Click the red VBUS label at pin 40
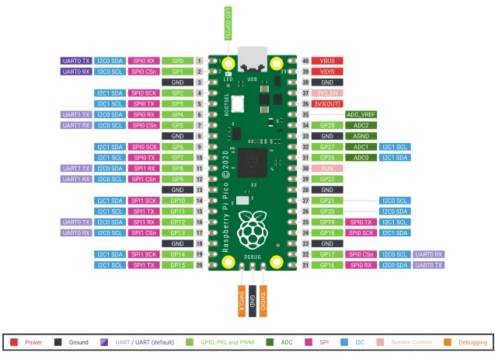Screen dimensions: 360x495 [x=328, y=61]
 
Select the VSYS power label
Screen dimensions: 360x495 [x=328, y=72]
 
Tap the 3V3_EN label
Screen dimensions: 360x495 [x=328, y=93]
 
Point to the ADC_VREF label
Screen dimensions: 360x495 [x=361, y=114]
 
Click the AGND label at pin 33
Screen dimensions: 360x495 [x=361, y=136]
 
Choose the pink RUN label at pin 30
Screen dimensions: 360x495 [x=328, y=168]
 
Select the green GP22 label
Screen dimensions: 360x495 [x=328, y=179]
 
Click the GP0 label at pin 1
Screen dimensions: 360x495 [x=177, y=61]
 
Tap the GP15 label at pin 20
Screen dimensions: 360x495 [x=177, y=265]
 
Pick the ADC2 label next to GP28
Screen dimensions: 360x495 [x=361, y=125]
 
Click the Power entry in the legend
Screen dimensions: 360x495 [x=28, y=342]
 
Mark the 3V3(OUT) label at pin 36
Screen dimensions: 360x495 [x=328, y=103]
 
